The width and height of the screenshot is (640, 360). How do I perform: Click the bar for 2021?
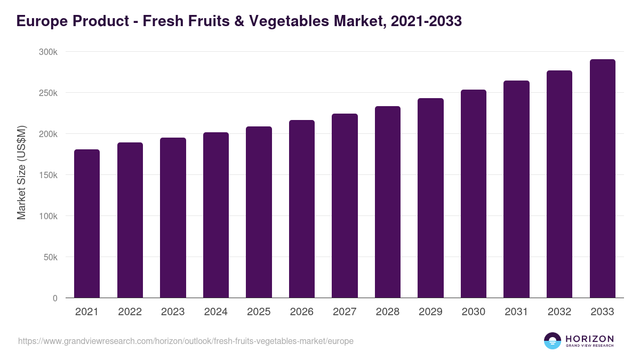[87, 223]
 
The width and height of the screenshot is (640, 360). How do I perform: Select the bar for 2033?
[602, 179]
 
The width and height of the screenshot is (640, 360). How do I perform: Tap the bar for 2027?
[345, 206]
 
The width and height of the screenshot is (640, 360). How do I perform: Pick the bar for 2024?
[216, 215]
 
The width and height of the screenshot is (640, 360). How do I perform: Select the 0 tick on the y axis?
[54, 298]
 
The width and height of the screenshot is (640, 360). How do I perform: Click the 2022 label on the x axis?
[130, 312]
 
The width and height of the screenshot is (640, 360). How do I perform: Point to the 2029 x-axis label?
[430, 312]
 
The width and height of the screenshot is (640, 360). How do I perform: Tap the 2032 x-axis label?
[559, 312]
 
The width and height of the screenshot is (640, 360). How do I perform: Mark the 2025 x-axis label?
[259, 312]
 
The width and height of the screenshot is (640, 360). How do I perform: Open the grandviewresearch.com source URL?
[186, 341]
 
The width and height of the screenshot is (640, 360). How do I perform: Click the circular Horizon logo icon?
[553, 341]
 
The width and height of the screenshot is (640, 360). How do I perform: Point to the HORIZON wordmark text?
[589, 338]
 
